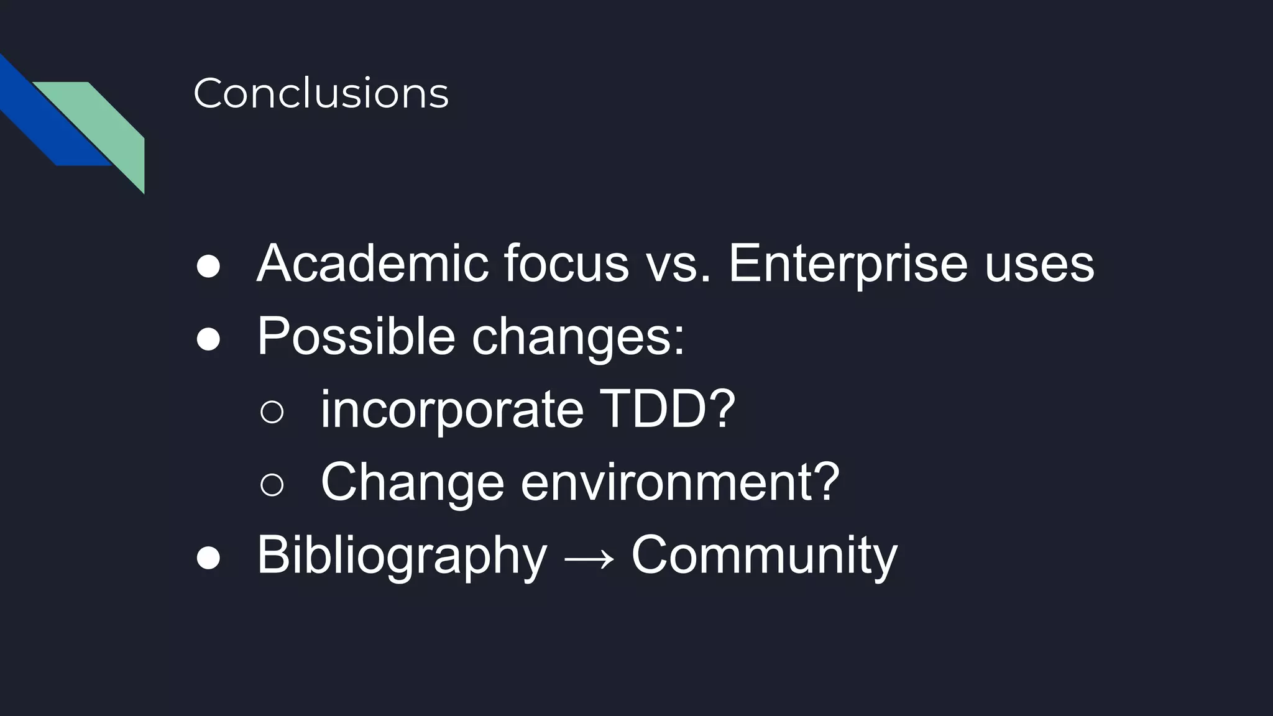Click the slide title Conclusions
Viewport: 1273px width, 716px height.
[321, 93]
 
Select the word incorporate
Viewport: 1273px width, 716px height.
[452, 410]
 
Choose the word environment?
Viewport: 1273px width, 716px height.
[680, 482]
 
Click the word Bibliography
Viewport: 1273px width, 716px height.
[402, 556]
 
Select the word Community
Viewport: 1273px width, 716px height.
[764, 556]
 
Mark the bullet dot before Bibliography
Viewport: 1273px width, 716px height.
[208, 558]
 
